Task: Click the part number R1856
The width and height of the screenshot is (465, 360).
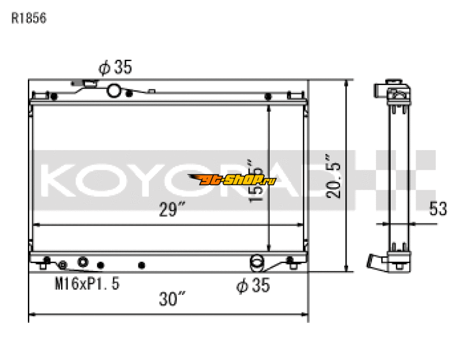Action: pyautogui.click(x=28, y=18)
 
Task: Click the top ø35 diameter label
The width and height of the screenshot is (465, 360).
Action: pyautogui.click(x=115, y=68)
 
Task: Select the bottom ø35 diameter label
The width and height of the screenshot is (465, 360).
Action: pyautogui.click(x=253, y=286)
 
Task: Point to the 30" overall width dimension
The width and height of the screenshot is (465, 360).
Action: pyautogui.click(x=172, y=300)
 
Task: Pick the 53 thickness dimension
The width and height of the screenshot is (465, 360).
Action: pyautogui.click(x=438, y=209)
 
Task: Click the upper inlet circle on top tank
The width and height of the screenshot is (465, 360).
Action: pyautogui.click(x=115, y=90)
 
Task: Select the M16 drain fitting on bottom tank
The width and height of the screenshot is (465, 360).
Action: pyautogui.click(x=83, y=262)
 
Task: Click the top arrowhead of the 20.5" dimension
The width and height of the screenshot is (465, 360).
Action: pyautogui.click(x=347, y=83)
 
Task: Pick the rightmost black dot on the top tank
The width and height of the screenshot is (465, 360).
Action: pyautogui.click(x=269, y=97)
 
